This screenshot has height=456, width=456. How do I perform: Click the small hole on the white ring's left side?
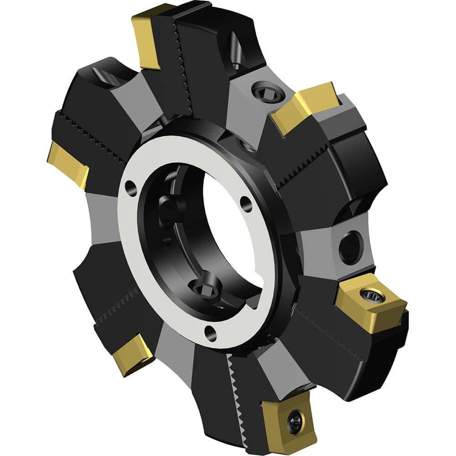[131, 187]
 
